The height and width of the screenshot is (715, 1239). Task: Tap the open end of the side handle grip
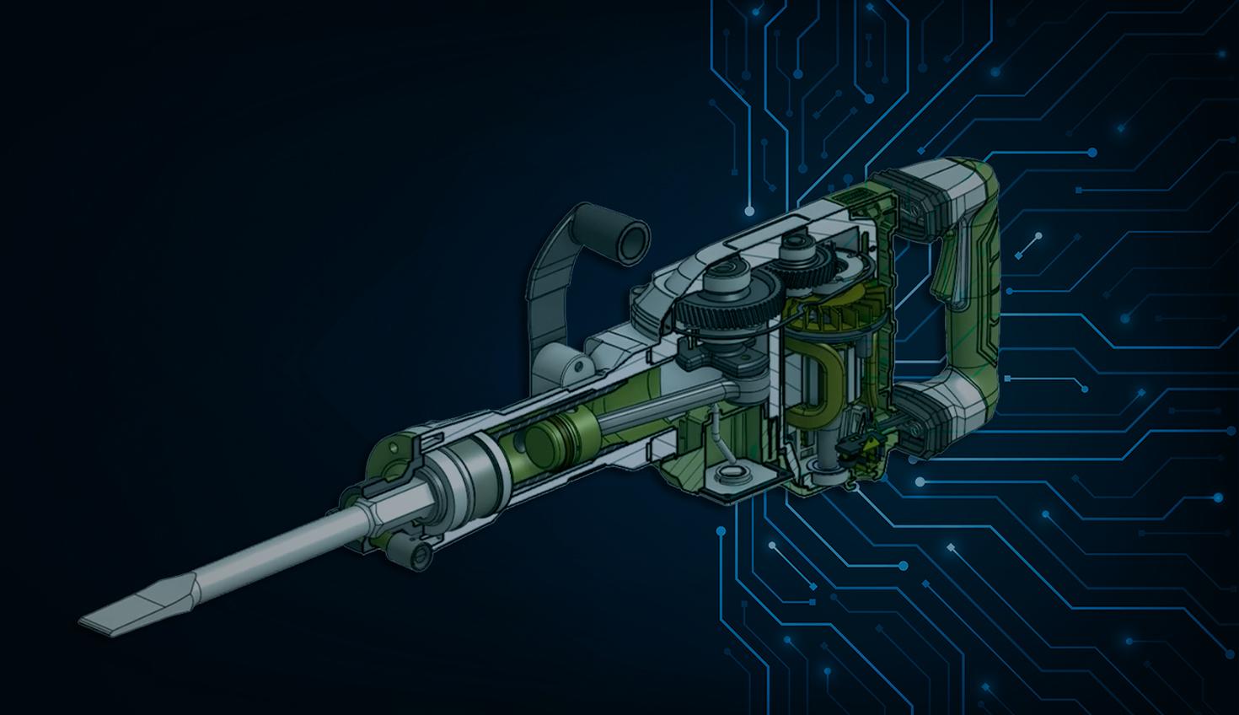tap(630, 238)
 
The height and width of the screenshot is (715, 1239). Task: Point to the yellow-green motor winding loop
tap(809, 379)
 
